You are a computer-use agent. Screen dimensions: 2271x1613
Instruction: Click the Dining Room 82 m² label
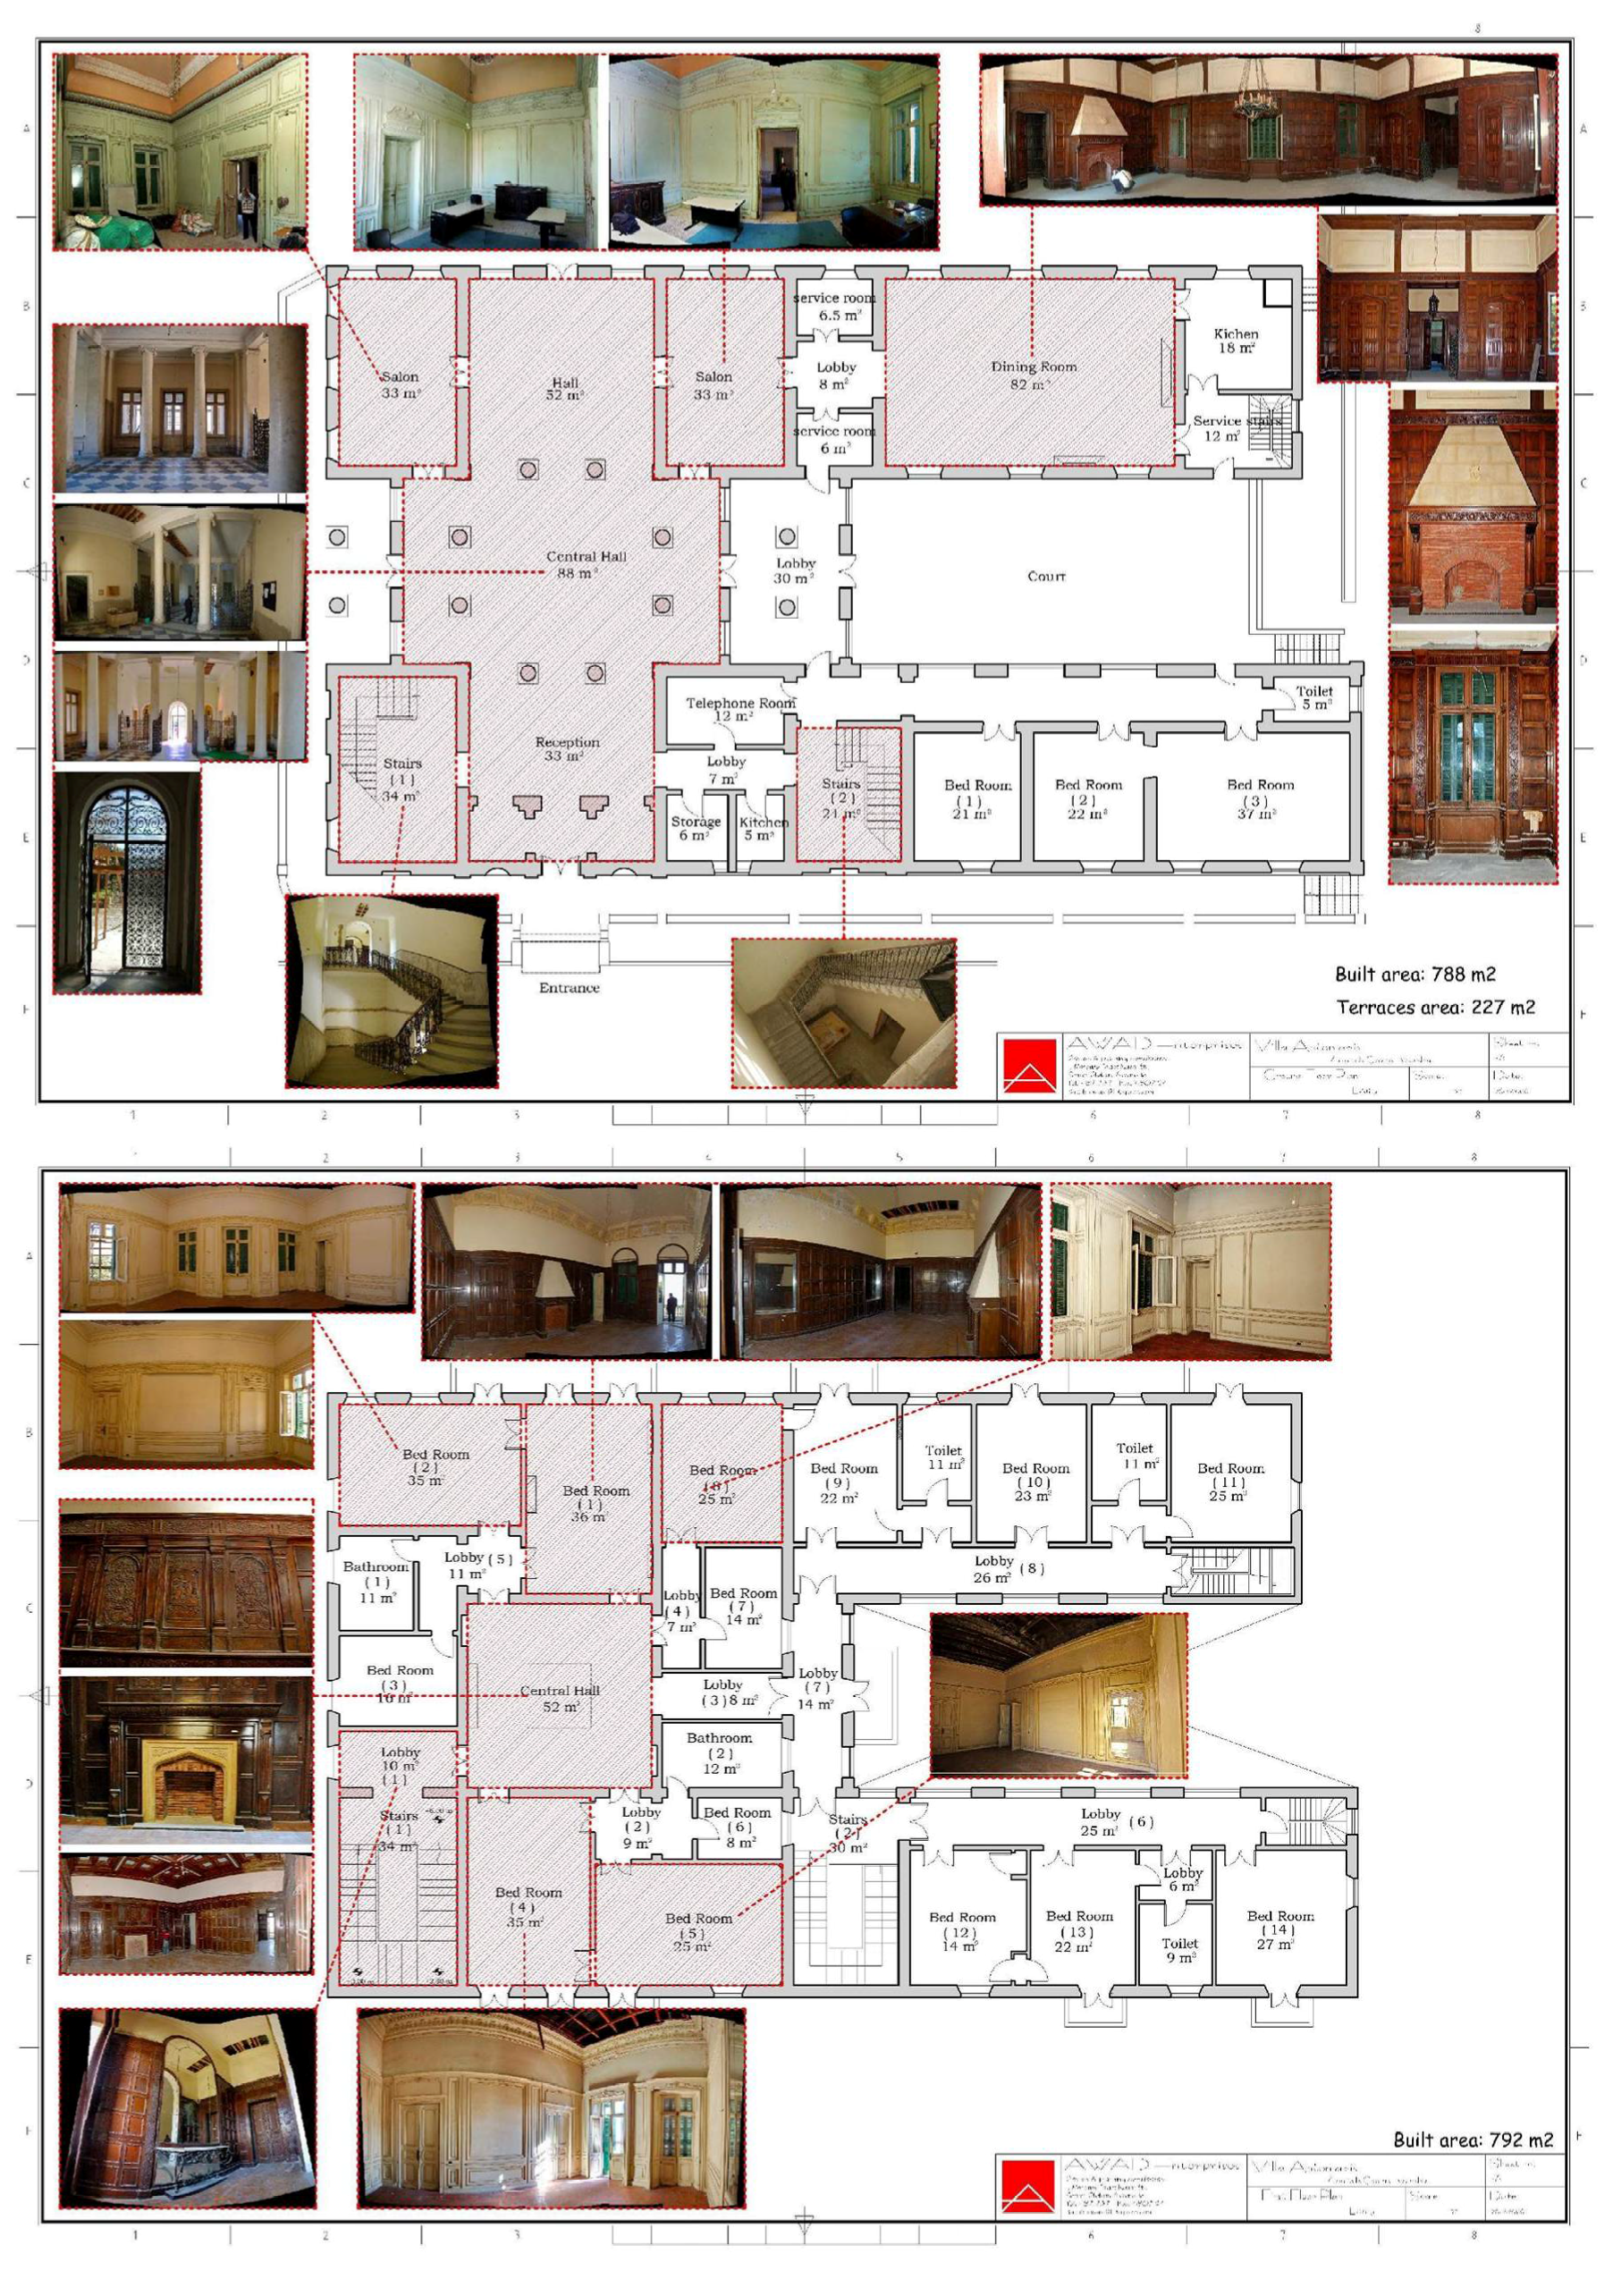point(1033,375)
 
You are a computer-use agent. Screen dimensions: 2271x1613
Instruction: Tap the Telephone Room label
point(740,708)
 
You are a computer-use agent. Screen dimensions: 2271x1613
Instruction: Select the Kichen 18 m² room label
point(1236,341)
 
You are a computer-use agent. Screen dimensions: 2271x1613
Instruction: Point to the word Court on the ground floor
point(1046,576)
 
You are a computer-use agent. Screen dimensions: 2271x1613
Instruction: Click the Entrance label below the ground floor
point(570,988)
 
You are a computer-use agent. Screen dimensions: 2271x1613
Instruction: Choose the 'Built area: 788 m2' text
point(1415,975)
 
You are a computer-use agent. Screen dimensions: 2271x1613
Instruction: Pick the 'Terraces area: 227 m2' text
point(1435,1007)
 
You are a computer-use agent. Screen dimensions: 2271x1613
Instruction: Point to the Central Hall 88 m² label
point(585,564)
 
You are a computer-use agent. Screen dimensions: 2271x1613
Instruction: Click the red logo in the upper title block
point(1029,1067)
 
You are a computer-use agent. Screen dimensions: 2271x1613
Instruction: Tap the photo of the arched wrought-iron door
point(127,882)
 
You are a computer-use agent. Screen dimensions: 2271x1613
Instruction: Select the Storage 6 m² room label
point(696,828)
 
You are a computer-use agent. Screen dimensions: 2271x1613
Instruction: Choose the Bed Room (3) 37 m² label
point(1260,798)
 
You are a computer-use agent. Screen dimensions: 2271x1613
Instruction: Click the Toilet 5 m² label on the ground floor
point(1314,697)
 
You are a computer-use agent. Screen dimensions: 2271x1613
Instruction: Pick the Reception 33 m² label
point(567,748)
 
